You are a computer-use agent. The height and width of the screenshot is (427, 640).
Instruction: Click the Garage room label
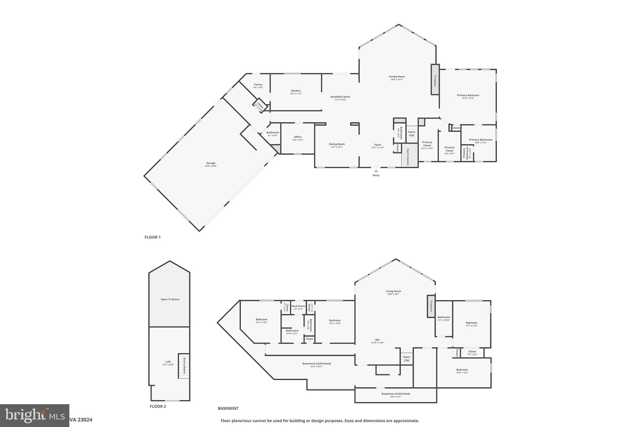[x=211, y=163]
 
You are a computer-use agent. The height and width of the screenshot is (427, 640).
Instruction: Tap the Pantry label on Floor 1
[x=258, y=85]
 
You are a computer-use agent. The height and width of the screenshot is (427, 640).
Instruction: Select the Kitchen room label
[x=296, y=91]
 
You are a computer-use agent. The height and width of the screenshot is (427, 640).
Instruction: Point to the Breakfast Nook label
[x=340, y=97]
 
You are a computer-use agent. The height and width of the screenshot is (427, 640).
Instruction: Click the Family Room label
[x=397, y=77]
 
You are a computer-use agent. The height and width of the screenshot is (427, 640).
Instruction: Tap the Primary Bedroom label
[x=468, y=95]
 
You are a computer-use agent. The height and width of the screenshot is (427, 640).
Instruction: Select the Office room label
[x=297, y=137]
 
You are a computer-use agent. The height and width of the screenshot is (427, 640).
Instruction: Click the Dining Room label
[x=337, y=145]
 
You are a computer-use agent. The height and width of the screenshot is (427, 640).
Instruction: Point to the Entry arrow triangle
[x=376, y=171]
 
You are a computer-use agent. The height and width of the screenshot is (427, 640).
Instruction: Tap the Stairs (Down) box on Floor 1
[x=409, y=155]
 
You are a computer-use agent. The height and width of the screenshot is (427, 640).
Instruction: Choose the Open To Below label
[x=170, y=299]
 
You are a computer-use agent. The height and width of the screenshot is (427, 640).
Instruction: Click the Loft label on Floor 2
[x=168, y=362]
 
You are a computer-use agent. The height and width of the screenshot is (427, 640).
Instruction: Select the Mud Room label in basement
[x=298, y=306]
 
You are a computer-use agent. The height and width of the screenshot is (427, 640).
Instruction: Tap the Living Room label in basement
[x=393, y=291]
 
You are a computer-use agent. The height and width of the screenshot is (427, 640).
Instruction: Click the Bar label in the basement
[x=377, y=340]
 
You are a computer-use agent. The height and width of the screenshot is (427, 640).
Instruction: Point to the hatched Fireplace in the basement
[x=431, y=306]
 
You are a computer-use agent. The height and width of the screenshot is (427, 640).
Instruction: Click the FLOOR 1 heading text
[x=152, y=237]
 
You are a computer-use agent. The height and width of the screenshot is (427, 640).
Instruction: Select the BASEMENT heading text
[x=228, y=408]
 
